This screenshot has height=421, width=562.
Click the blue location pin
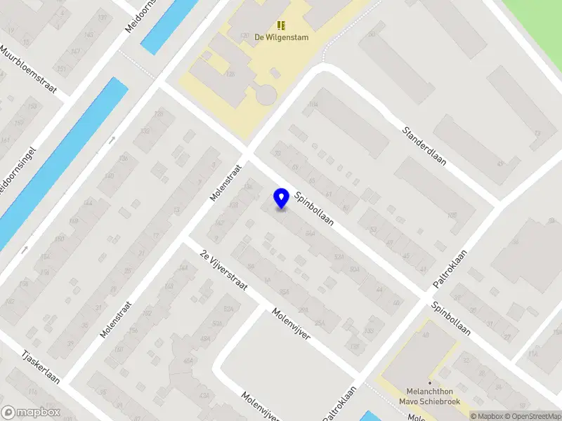tap(282, 199)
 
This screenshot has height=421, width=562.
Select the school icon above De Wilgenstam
tap(282, 25)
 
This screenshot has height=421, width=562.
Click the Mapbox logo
tap(31, 413)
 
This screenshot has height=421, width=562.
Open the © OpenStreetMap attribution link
tap(532, 416)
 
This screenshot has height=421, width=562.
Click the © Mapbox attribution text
tap(486, 416)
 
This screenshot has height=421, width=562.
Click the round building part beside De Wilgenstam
tap(266, 93)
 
